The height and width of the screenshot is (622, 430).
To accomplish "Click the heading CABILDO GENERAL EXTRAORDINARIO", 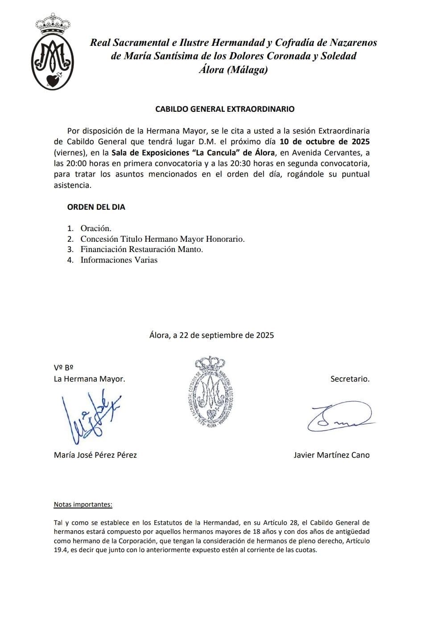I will [224, 109].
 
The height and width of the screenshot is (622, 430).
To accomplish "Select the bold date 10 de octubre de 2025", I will [324, 142].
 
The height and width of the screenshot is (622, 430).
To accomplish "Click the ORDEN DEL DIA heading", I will [96, 207].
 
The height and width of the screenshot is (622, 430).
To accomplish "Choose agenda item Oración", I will [95, 228].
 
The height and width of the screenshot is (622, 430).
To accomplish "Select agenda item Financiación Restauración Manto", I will [141, 249].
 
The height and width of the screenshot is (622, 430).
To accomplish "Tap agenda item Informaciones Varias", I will [119, 260].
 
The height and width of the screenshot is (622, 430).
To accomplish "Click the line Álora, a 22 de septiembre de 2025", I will [211, 335].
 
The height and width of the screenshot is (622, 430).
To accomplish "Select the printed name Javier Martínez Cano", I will [331, 455].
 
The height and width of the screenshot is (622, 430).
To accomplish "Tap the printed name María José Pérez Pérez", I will [95, 455].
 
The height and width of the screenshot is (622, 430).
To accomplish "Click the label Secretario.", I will [350, 379].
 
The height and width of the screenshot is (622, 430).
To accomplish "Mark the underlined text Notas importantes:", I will [83, 504].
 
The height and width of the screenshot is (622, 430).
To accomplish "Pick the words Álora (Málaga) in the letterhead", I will [233, 70].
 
